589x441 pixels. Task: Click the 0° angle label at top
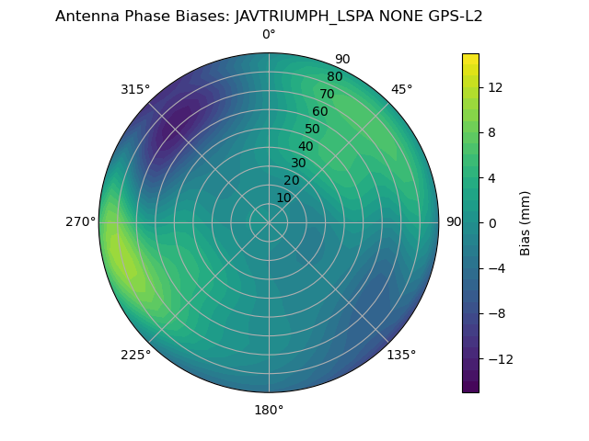269,35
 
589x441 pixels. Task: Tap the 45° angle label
401,89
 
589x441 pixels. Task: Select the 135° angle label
401,355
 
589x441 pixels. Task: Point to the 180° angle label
269,410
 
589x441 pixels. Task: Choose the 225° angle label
135,355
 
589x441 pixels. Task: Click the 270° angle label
80,221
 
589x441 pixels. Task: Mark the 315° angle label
135,89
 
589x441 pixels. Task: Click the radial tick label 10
283,198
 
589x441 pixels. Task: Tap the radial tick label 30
298,163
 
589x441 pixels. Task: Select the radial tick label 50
313,129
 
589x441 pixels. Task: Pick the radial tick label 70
327,94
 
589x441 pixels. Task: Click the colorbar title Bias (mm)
525,222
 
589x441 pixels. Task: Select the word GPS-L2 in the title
451,16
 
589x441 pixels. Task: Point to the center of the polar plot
269,222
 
